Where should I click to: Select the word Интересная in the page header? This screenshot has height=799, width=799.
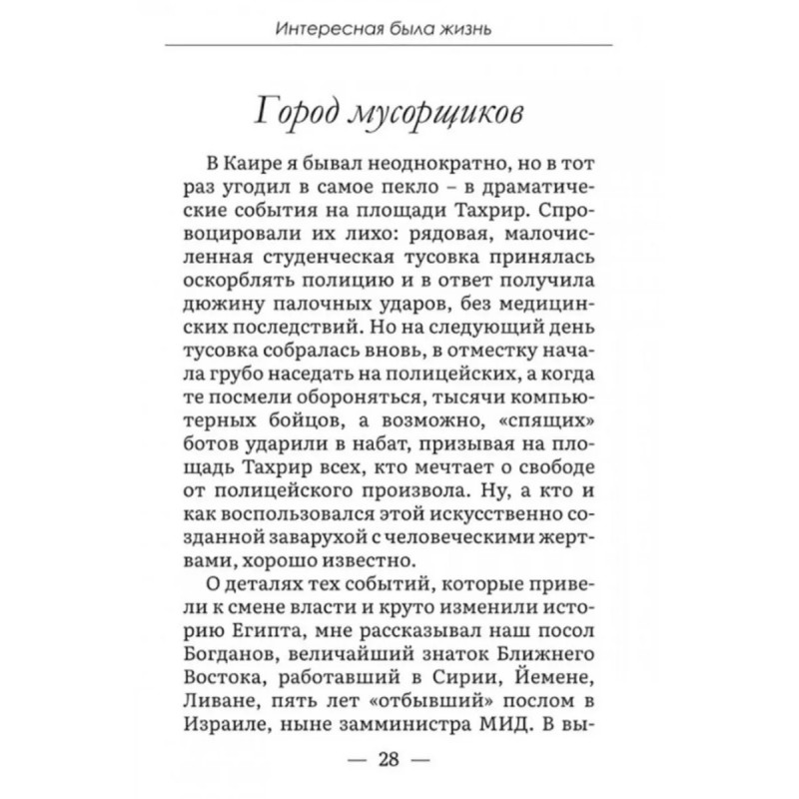coord(326,29)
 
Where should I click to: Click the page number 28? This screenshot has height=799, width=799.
coord(388,759)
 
